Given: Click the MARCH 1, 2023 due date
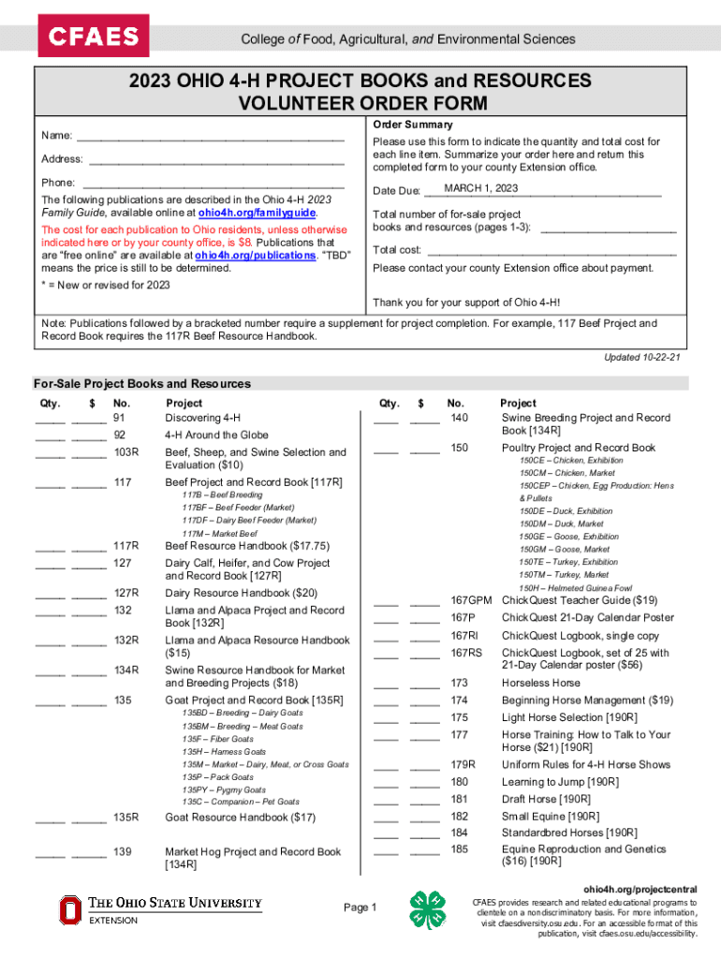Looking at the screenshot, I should pos(480,189).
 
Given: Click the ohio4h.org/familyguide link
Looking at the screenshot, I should pos(264,213).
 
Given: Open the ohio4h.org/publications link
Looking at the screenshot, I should pos(256,255).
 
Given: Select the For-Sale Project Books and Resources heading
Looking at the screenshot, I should pos(142,384).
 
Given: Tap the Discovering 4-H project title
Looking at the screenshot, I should pos(202,418).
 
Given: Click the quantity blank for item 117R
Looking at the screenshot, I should pos(50,546).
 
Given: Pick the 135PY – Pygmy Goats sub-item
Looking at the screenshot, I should pos(224,789).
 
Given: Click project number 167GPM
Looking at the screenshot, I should pos(471,600).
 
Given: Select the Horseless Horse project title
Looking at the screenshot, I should pos(541,684).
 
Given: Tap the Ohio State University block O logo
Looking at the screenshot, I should pos(71,910).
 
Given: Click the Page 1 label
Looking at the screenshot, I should pos(360,907).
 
